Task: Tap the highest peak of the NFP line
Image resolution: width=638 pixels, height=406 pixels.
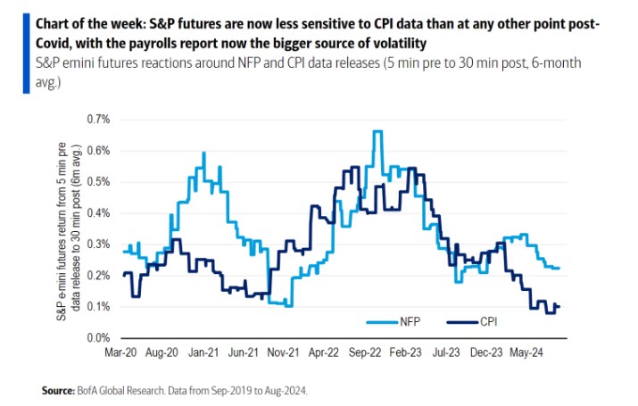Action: pos(377,131)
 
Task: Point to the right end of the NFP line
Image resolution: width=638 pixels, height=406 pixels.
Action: pos(559,268)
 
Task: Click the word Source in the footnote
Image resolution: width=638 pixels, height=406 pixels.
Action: pos(58,391)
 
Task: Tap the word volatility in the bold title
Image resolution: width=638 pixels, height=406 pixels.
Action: pos(401,41)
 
